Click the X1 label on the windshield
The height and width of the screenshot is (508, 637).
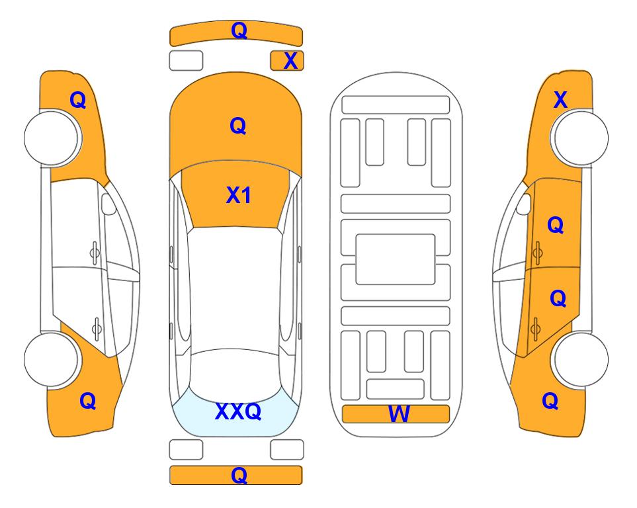point(239,195)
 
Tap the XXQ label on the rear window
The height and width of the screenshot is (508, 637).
point(238,411)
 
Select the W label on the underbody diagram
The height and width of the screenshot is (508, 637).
point(399,413)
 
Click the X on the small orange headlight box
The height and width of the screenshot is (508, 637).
point(290,61)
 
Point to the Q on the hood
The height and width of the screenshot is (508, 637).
point(238,126)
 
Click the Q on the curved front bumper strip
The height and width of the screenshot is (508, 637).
point(239,30)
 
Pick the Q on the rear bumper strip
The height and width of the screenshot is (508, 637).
point(239,475)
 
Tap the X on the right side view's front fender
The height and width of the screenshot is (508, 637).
point(560,99)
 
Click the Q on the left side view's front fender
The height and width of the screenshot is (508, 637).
point(78,100)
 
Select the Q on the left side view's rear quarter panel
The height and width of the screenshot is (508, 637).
point(88,401)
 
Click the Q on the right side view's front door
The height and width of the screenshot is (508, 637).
point(556,225)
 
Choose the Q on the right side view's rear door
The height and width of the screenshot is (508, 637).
point(558,299)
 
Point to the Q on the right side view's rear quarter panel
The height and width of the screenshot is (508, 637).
point(550,401)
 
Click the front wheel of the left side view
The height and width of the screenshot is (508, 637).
point(51,138)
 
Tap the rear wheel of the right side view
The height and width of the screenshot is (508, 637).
point(581,359)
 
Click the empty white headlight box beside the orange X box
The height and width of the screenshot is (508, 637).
point(186,61)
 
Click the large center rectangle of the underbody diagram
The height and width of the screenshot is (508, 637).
point(396,259)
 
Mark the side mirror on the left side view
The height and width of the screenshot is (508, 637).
point(108,204)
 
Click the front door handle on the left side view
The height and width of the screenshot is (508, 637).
point(95,253)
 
